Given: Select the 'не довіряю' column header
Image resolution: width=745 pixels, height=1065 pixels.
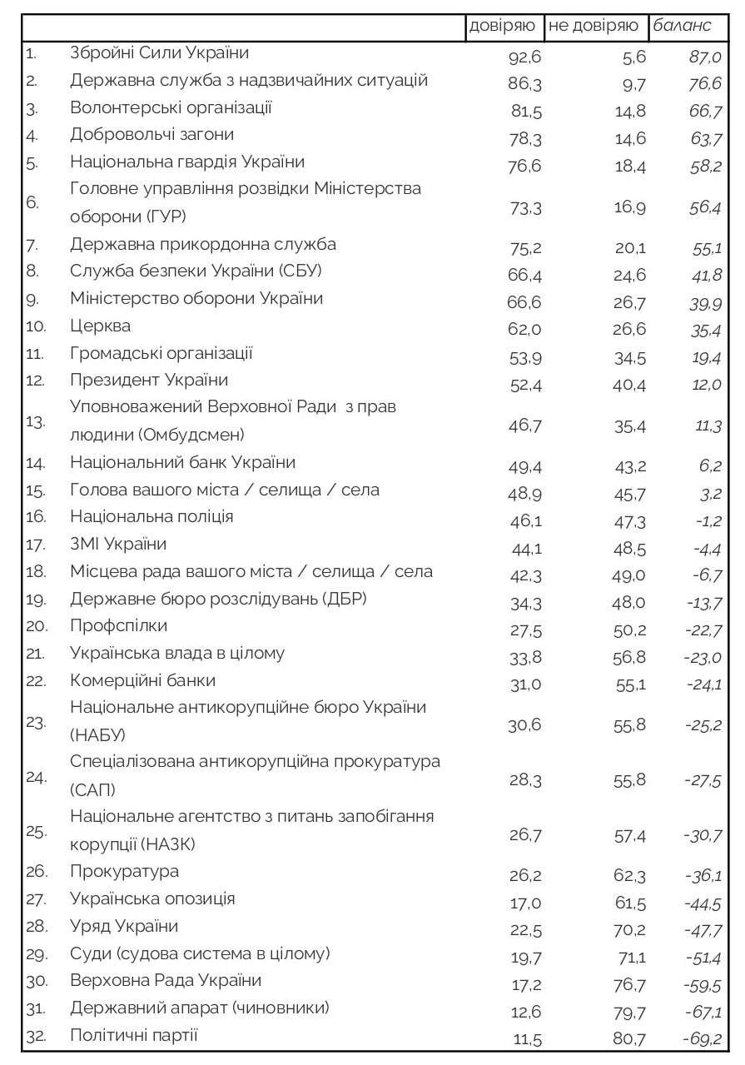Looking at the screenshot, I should (x=593, y=26).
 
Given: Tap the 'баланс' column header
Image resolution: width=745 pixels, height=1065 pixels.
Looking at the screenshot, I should (x=682, y=26).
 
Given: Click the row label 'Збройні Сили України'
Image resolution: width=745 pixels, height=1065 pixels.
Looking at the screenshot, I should (x=160, y=53).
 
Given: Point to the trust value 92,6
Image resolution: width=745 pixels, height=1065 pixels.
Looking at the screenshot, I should (x=524, y=57).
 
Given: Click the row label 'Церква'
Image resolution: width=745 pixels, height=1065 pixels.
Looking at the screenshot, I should (x=101, y=326).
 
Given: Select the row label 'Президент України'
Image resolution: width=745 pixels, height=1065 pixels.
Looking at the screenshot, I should (x=150, y=380).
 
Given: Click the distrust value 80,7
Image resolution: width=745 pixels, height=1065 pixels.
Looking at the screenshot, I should (x=630, y=1040).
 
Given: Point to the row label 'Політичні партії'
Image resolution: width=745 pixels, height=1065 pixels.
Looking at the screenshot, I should (x=134, y=1035).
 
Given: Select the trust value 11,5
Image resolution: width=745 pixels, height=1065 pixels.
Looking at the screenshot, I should (x=525, y=1040).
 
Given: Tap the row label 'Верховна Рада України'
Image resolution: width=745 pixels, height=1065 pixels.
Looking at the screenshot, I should (x=166, y=980).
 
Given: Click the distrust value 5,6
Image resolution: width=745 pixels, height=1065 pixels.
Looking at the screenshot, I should (x=635, y=57).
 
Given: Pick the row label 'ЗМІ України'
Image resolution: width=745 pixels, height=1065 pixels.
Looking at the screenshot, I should (x=119, y=544).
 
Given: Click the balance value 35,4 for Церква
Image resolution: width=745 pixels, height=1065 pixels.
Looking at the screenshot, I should (x=704, y=331).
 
